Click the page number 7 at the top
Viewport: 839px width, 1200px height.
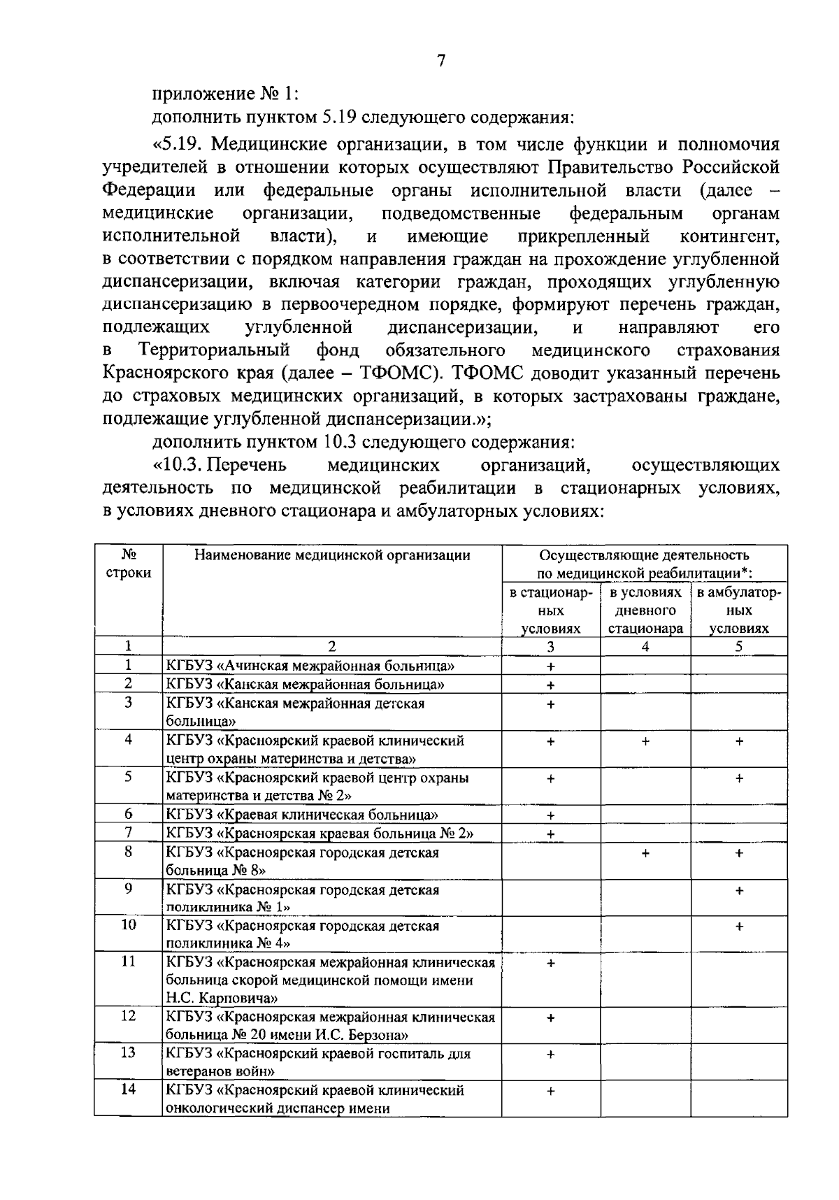click(440, 62)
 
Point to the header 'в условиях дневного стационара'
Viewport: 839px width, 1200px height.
click(645, 610)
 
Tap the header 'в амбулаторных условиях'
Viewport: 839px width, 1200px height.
click(738, 610)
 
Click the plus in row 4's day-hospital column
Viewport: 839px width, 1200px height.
click(645, 741)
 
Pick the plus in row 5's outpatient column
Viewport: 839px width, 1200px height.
click(739, 778)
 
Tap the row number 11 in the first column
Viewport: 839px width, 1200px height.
click(128, 961)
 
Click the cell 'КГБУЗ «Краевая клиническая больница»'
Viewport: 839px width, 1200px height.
click(302, 814)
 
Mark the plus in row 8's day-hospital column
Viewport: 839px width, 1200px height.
click(645, 853)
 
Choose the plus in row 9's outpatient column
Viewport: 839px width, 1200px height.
click(739, 890)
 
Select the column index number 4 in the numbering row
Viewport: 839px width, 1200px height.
click(645, 647)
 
